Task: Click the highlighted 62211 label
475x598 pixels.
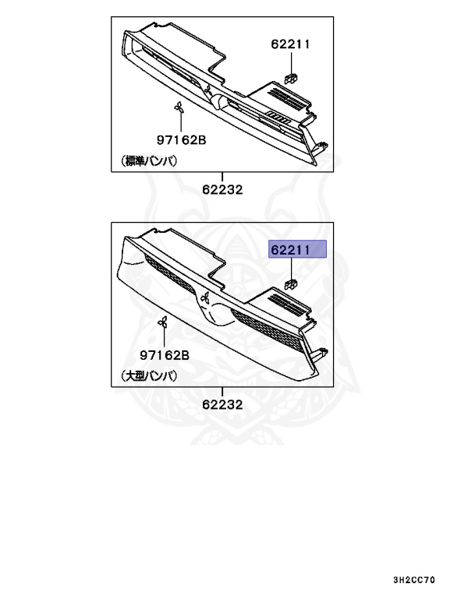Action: (x=299, y=249)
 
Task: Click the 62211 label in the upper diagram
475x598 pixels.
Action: (x=290, y=44)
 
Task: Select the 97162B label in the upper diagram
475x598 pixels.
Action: (x=180, y=140)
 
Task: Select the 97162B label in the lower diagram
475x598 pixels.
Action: (x=166, y=355)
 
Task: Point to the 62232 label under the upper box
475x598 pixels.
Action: (x=222, y=189)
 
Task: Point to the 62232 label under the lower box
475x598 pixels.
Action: (x=222, y=404)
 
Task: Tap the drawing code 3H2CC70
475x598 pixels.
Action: (x=415, y=580)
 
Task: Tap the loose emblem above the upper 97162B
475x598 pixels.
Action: (x=179, y=107)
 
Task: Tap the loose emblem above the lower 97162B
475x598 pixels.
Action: (x=164, y=323)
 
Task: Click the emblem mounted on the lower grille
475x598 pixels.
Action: (x=205, y=296)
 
